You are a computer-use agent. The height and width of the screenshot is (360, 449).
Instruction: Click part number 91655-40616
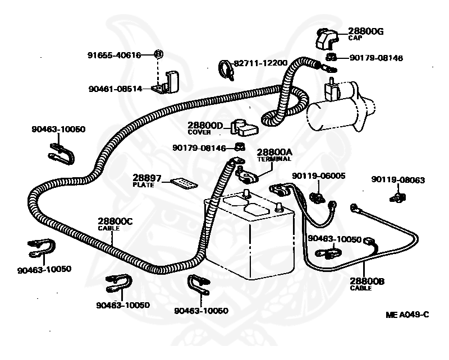114,54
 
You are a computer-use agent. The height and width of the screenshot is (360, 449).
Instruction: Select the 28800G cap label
366,34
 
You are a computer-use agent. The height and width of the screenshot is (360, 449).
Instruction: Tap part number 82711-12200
260,63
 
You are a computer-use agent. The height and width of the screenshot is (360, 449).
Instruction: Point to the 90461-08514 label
116,89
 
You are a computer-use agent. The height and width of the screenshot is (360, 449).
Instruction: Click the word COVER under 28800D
199,132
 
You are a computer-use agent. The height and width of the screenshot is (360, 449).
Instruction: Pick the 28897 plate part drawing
184,184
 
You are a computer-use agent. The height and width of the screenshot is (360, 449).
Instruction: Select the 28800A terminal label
274,155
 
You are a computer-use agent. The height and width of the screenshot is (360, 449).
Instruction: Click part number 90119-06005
319,176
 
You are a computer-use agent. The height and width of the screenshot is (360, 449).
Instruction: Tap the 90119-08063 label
398,179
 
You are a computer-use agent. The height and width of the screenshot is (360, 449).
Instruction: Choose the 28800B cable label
367,284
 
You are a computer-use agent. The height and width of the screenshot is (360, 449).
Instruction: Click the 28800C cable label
115,224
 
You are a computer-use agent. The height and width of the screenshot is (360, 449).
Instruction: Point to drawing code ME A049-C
407,315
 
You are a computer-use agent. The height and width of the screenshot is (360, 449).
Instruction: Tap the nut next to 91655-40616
159,54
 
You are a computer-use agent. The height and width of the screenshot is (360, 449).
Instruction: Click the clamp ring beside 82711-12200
226,70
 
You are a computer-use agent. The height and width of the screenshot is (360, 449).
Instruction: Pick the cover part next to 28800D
245,128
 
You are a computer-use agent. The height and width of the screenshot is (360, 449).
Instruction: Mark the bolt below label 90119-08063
398,197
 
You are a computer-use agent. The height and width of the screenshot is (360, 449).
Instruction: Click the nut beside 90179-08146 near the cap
331,57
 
